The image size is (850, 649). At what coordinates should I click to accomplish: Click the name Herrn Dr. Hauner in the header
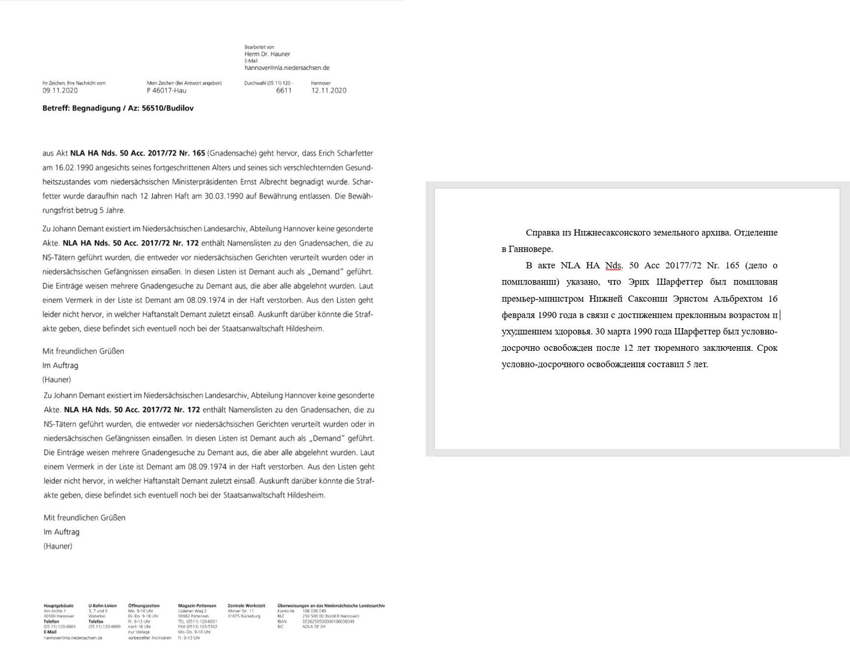(267, 54)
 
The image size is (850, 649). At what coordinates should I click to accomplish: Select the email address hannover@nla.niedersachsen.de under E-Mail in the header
(287, 68)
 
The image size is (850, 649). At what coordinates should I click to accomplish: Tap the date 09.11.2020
(60, 90)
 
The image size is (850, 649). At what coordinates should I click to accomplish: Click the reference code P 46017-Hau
(166, 90)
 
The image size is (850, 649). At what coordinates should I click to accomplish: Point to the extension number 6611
(284, 90)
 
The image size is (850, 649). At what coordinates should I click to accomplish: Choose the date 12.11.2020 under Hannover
(328, 90)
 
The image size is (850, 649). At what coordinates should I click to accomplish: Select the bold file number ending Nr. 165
(137, 153)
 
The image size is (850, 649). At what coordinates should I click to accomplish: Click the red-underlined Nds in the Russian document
(613, 265)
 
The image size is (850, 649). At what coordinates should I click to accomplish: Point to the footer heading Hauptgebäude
(58, 606)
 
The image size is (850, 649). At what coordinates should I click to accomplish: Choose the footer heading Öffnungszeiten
(144, 606)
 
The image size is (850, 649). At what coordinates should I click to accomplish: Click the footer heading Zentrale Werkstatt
(246, 606)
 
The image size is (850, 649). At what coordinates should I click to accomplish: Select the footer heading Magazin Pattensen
(197, 606)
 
